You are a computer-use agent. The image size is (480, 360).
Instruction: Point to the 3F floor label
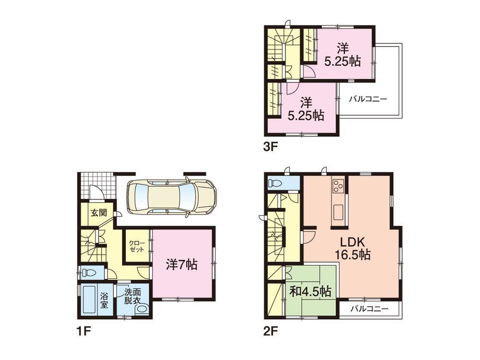coord(270,147)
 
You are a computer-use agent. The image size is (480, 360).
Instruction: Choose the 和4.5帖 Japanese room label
coord(310,291)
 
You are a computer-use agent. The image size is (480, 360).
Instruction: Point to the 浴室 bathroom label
coord(104,301)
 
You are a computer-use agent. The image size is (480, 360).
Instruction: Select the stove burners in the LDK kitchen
coord(338,185)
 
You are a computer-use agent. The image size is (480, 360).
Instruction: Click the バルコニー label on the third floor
coord(368,99)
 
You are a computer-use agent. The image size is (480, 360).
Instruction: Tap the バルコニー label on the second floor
coord(368,308)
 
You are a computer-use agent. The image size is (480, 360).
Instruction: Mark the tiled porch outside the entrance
coord(98,185)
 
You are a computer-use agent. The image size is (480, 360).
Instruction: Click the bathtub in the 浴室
coord(89,301)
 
